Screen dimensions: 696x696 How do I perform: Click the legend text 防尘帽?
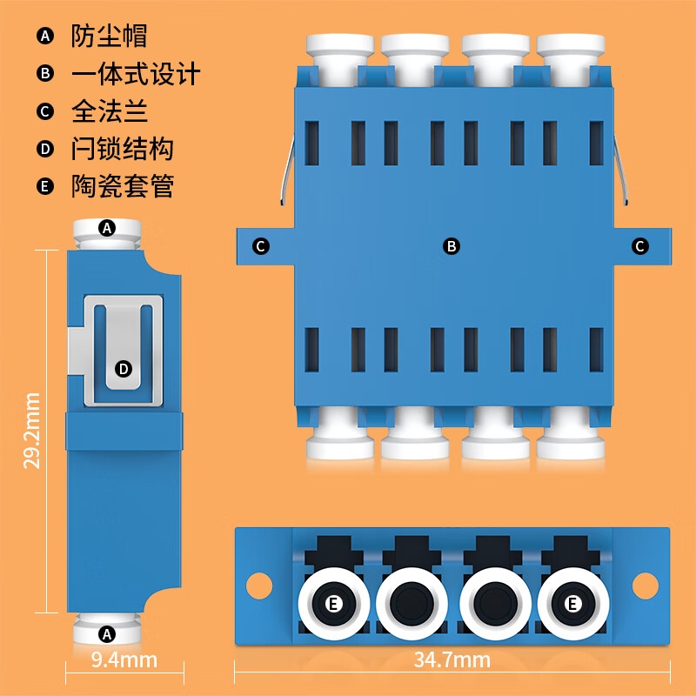[109, 36]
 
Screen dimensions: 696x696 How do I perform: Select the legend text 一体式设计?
[136, 74]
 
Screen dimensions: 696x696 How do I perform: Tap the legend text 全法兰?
[109, 111]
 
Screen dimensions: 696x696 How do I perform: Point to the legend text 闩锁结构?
[122, 149]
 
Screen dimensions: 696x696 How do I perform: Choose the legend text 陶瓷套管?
[122, 186]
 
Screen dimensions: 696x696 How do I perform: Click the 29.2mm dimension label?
[32, 431]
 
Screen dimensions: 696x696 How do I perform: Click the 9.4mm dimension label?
[124, 659]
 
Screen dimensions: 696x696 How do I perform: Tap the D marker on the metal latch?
[124, 369]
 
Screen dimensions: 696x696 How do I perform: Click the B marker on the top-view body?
[452, 246]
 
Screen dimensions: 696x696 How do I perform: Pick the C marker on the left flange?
[260, 246]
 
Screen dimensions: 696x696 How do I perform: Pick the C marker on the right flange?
[640, 246]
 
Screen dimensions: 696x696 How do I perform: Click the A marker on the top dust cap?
[107, 228]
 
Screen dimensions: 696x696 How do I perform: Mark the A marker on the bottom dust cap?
[107, 632]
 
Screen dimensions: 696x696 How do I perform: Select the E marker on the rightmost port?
[572, 603]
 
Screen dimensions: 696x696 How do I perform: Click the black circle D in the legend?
[45, 149]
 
